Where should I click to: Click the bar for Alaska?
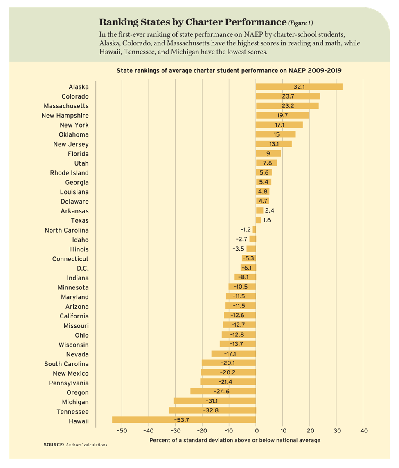[x=299, y=87]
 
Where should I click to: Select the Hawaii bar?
[x=184, y=420]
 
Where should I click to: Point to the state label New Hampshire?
[x=65, y=116]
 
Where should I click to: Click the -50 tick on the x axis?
[x=122, y=430]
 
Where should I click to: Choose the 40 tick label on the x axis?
[x=364, y=430]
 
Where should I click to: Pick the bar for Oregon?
[x=223, y=391]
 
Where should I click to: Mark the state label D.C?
[x=83, y=268]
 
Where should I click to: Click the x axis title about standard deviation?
[x=235, y=440]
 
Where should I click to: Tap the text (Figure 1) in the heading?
[x=300, y=23]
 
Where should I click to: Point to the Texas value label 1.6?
[x=267, y=220]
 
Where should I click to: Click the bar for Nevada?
[x=234, y=353]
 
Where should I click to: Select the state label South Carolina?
[x=66, y=364]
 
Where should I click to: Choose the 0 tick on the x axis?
[x=256, y=430]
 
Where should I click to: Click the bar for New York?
[x=279, y=125]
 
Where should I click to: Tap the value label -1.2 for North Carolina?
[x=246, y=230]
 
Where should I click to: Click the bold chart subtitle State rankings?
[x=229, y=70]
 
